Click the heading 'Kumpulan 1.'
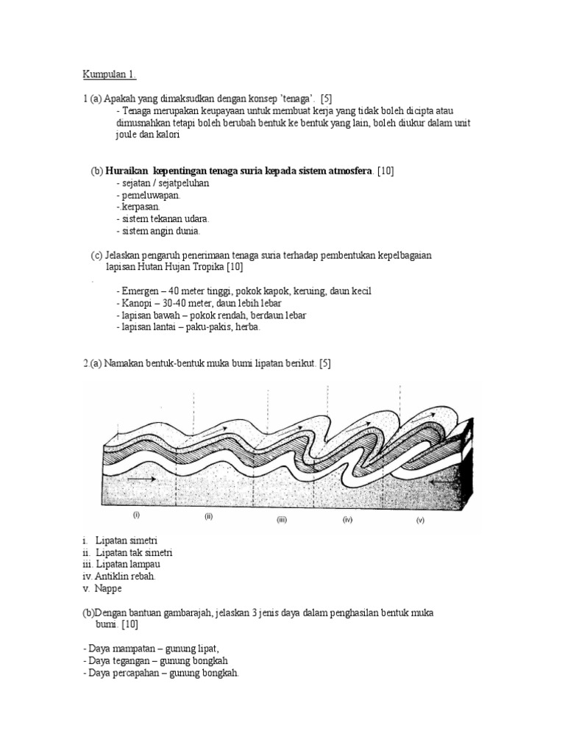point(109,75)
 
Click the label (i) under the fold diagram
point(136,515)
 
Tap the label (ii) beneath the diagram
point(208,516)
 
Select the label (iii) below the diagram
point(282,519)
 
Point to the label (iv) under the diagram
point(348,519)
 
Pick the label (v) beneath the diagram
point(421,520)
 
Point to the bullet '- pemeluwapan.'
point(148,195)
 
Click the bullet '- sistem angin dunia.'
point(158,231)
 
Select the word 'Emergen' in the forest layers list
point(140,291)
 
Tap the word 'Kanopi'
point(137,303)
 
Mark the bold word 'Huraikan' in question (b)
point(129,171)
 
